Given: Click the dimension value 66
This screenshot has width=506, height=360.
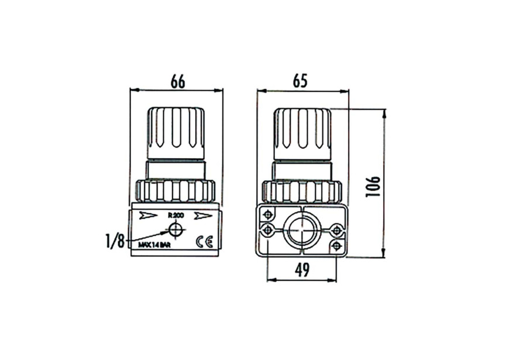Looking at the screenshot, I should coord(177,81).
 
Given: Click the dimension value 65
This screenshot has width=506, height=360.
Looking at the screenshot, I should coord(300,81).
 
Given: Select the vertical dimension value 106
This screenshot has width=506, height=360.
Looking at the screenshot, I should coord(373,186).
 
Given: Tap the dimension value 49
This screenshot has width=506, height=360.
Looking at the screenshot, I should coord(302,270).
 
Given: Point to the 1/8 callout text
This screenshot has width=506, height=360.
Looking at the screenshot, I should coord(115,241).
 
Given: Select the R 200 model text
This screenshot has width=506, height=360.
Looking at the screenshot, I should coord(175,215).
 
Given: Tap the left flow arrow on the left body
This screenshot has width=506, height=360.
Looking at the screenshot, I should coord(148,215).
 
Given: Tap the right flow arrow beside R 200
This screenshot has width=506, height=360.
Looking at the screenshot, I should coord(203,215).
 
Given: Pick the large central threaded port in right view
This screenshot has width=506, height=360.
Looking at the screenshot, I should coord(302,231).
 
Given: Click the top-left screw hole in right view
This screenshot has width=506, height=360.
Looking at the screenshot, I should coord(268,214).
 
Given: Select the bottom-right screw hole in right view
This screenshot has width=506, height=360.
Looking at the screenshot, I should coord(336,246).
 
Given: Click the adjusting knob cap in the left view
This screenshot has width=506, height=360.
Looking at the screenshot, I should coord(175,132).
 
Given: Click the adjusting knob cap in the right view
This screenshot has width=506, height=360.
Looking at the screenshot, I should coord(302,132).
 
